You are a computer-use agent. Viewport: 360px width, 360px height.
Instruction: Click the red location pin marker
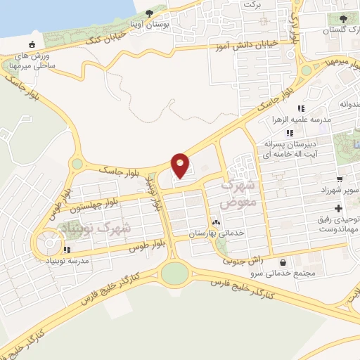tap(181, 166)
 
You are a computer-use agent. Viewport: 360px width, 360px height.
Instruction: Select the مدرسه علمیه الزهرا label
tap(327, 120)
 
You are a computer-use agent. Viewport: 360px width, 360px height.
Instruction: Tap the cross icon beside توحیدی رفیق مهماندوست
tap(340, 209)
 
